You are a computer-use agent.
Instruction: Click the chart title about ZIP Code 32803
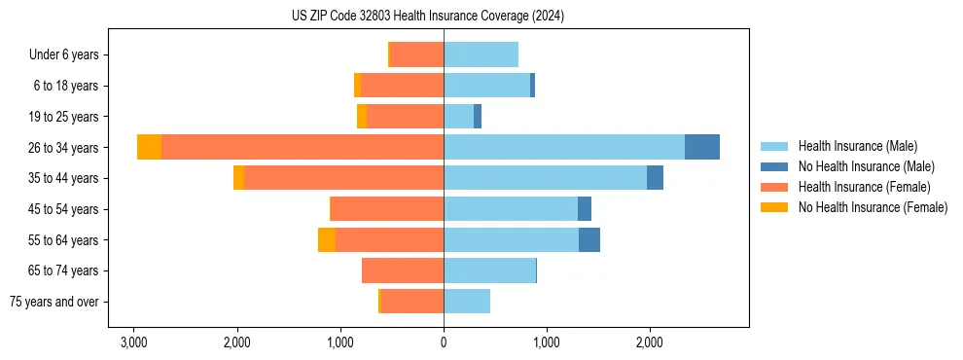pyautogui.click(x=427, y=17)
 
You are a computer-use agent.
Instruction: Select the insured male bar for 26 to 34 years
pyautogui.click(x=564, y=147)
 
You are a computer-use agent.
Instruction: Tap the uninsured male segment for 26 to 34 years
pyautogui.click(x=702, y=147)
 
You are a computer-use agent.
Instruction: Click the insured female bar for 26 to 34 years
pyautogui.click(x=303, y=147)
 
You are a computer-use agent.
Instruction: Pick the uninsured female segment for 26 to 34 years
pyautogui.click(x=149, y=147)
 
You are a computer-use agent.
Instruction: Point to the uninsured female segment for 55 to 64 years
pyautogui.click(x=327, y=239)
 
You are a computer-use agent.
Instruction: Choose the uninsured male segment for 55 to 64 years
pyautogui.click(x=589, y=239)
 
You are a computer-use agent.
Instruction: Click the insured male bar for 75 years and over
pyautogui.click(x=467, y=302)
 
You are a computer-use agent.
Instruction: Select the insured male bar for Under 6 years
pyautogui.click(x=481, y=54)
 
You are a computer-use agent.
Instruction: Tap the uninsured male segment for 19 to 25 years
pyautogui.click(x=478, y=117)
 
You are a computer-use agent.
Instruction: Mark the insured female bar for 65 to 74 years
pyautogui.click(x=403, y=270)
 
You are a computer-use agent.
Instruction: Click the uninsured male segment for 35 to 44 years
pyautogui.click(x=655, y=178)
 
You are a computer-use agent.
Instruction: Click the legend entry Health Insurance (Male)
pyautogui.click(x=857, y=146)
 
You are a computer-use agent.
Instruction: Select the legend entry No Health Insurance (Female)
pyautogui.click(x=873, y=207)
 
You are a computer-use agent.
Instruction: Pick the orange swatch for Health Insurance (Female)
pyautogui.click(x=774, y=187)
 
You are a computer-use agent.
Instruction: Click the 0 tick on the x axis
pyautogui.click(x=444, y=342)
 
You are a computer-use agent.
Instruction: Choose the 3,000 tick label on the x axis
pyautogui.click(x=133, y=342)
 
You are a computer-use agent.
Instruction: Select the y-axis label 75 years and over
pyautogui.click(x=53, y=302)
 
